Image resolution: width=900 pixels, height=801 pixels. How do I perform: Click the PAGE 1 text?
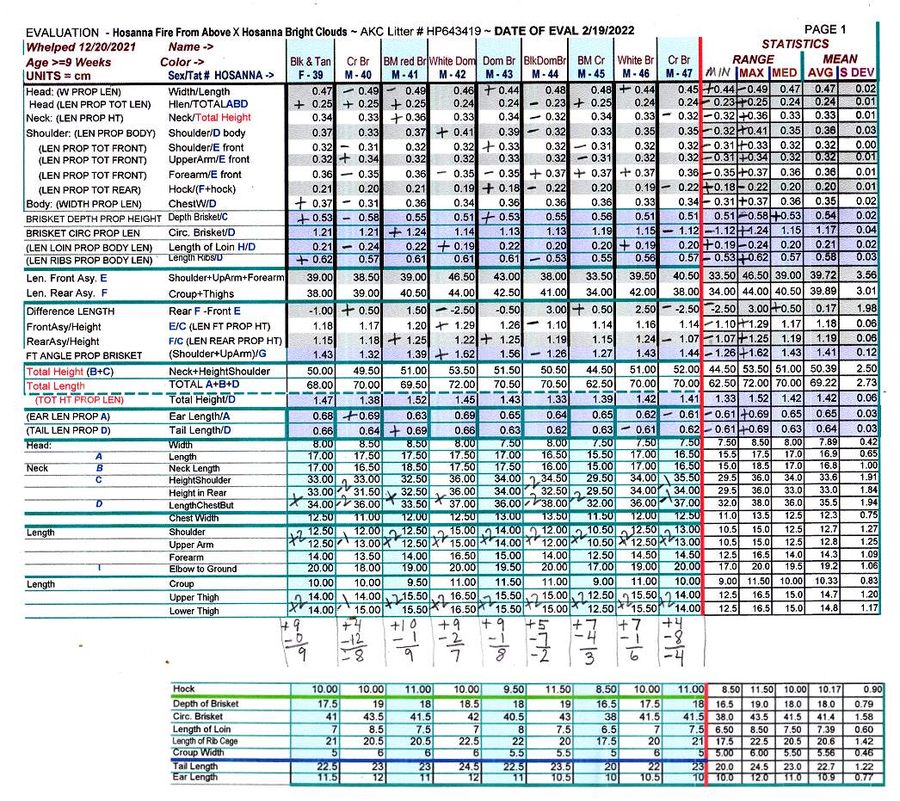[824, 29]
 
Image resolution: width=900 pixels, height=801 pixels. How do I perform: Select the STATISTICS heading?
[795, 44]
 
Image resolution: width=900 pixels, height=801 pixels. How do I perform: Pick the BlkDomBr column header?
[545, 62]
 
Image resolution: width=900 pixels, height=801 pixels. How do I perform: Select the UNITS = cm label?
[57, 76]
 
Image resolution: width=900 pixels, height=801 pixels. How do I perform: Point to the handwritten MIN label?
[718, 73]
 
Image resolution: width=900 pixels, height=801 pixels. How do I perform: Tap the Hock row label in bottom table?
[183, 689]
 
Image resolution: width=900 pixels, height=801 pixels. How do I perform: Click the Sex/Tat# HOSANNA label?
[221, 76]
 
